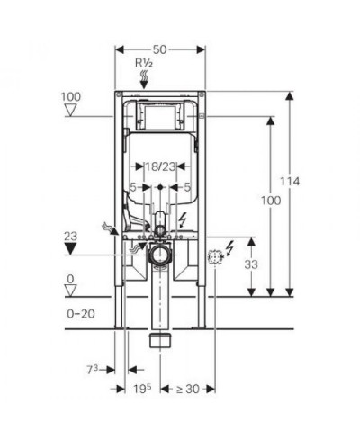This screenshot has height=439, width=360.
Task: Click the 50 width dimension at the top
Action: [x=159, y=49]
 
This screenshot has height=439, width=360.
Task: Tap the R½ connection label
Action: [x=144, y=63]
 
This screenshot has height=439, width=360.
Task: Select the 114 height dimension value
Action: [x=290, y=182]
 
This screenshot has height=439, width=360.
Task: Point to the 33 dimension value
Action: [x=251, y=264]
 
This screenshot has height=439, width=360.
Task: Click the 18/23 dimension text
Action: [x=160, y=166]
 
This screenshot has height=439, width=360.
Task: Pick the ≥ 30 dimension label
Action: [x=187, y=389]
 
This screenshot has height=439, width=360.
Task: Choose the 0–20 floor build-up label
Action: [x=81, y=314]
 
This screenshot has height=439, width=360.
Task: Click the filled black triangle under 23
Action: [x=70, y=249]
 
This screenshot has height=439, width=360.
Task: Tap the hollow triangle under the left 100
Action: [x=71, y=110]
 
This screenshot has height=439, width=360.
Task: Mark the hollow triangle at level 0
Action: [x=71, y=291]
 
